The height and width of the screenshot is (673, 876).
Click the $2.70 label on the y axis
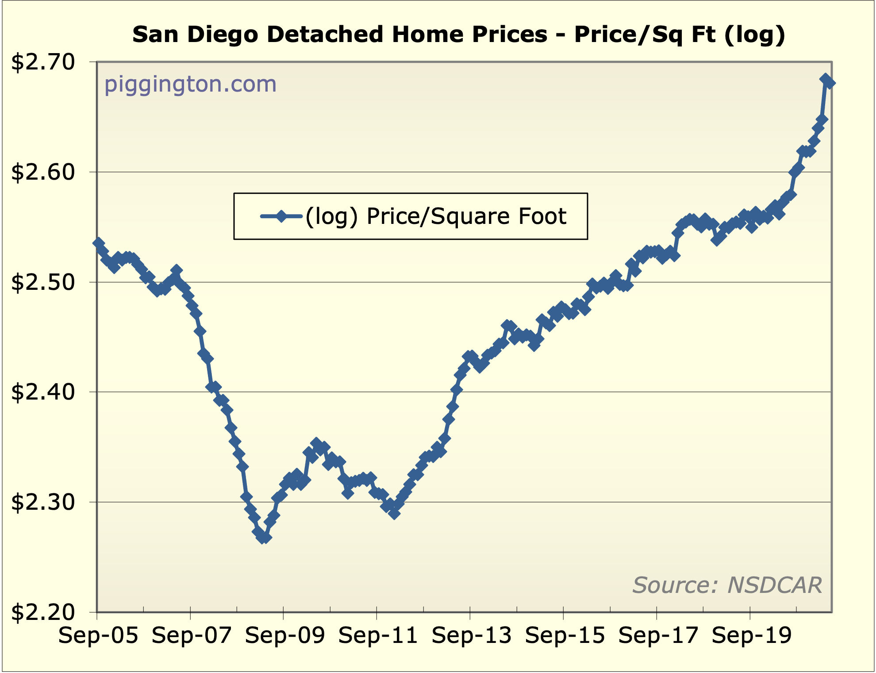(x=43, y=62)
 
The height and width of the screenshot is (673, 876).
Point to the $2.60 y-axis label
(x=43, y=172)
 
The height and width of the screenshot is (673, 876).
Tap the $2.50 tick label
(x=43, y=282)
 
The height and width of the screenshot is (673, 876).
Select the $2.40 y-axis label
(x=43, y=392)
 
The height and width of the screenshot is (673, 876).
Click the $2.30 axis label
(x=43, y=502)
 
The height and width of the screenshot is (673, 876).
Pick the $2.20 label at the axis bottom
(x=43, y=612)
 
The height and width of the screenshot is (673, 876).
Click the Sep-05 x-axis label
(x=98, y=636)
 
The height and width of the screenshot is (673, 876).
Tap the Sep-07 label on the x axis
(x=192, y=636)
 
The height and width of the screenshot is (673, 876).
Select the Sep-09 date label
(x=285, y=636)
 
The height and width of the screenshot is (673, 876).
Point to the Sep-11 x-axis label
(x=378, y=636)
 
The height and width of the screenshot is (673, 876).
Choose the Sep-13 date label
(x=472, y=636)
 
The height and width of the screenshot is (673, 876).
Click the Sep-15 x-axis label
(x=565, y=636)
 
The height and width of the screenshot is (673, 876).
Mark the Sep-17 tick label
(x=658, y=636)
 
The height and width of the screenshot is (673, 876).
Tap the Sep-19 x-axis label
(x=752, y=636)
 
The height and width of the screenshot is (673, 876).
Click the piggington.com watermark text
(x=190, y=84)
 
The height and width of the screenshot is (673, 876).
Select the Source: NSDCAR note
(x=727, y=585)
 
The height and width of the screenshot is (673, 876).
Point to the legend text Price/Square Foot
(x=466, y=216)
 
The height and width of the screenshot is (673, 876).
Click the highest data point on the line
(x=825, y=79)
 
